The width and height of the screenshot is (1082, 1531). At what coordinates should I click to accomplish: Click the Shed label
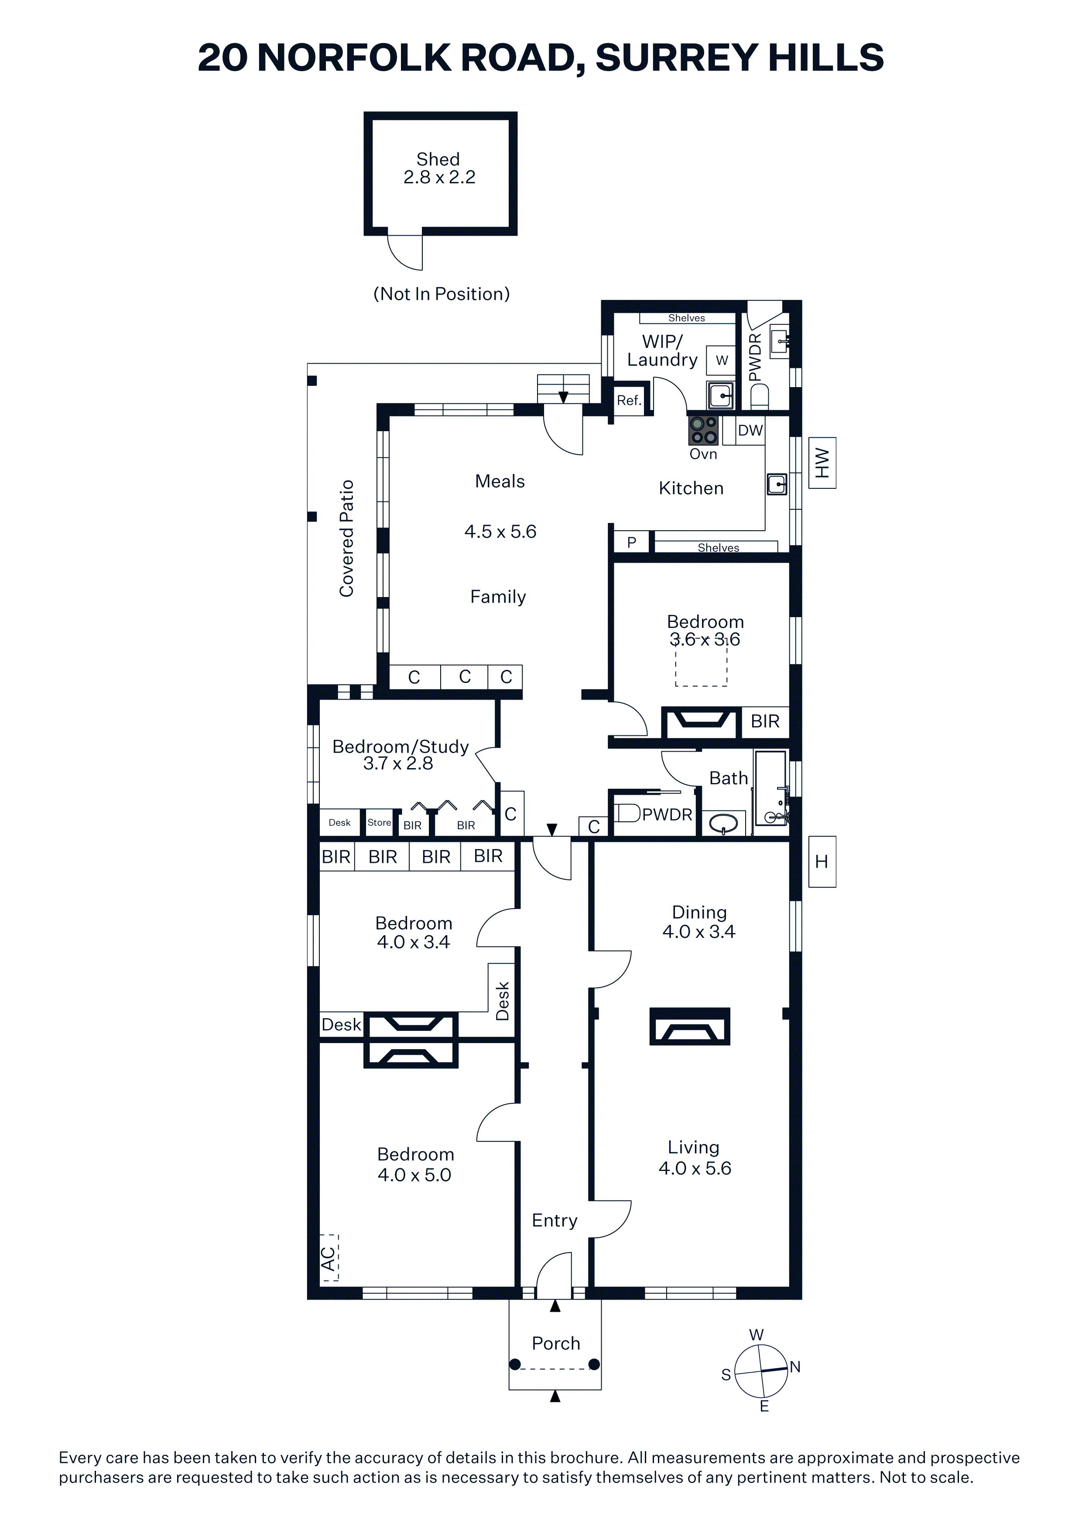click(x=438, y=159)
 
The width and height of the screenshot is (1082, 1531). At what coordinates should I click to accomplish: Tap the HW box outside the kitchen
click(x=822, y=463)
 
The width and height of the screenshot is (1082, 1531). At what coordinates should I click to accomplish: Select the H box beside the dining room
click(x=822, y=862)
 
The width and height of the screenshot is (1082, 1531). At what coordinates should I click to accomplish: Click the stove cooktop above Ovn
click(x=703, y=430)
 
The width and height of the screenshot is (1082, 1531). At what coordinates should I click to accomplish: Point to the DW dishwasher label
click(x=750, y=430)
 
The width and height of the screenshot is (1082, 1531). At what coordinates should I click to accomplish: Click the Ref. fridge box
click(x=629, y=400)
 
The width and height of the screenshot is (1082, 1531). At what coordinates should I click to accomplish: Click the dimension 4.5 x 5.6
click(x=500, y=532)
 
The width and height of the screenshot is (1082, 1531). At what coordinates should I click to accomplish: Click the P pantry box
click(x=631, y=542)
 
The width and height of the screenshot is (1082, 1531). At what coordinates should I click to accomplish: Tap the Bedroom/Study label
click(x=401, y=746)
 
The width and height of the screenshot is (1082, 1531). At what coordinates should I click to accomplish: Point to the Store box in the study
click(x=379, y=822)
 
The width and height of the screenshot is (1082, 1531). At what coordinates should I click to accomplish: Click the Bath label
click(x=729, y=778)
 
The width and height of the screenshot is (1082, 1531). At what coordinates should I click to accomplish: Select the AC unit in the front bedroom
click(x=329, y=1258)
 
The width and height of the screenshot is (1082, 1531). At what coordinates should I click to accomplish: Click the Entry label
click(x=555, y=1220)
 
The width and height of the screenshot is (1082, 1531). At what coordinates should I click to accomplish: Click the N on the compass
click(x=795, y=1367)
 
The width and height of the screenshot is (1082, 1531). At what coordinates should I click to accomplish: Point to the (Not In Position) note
click(x=442, y=294)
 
